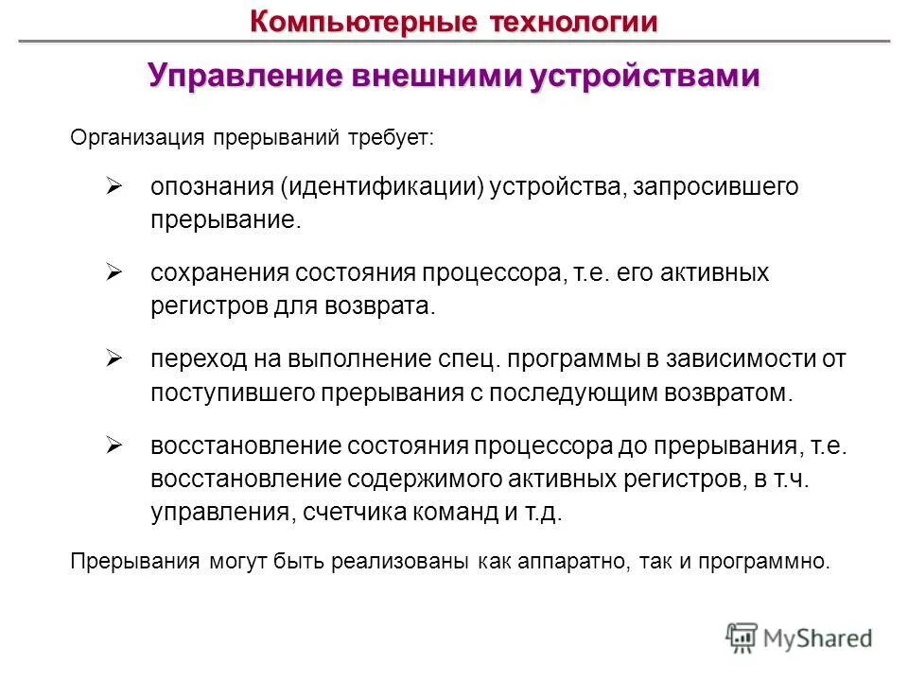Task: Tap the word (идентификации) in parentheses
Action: [382, 187]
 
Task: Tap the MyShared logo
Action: [799, 637]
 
